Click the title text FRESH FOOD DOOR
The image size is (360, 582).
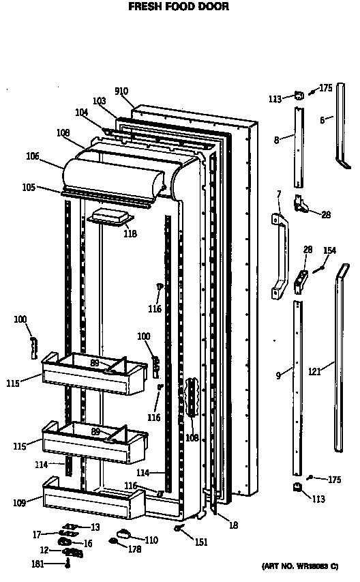179,6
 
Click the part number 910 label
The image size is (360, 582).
121,91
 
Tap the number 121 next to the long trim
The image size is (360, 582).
314,370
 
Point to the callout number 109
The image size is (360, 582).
19,503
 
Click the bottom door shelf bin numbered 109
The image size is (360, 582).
93,499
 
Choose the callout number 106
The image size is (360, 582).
32,156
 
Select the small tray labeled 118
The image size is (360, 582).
110,216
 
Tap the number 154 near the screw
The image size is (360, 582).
329,250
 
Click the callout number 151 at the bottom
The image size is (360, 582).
201,542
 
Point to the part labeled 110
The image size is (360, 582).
124,534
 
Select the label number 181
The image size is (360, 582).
37,564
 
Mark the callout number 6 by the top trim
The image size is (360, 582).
322,120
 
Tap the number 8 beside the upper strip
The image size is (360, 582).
277,140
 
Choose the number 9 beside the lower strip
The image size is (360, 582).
278,375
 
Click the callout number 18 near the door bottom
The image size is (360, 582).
233,525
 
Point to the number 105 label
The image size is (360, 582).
29,188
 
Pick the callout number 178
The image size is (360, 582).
134,549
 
